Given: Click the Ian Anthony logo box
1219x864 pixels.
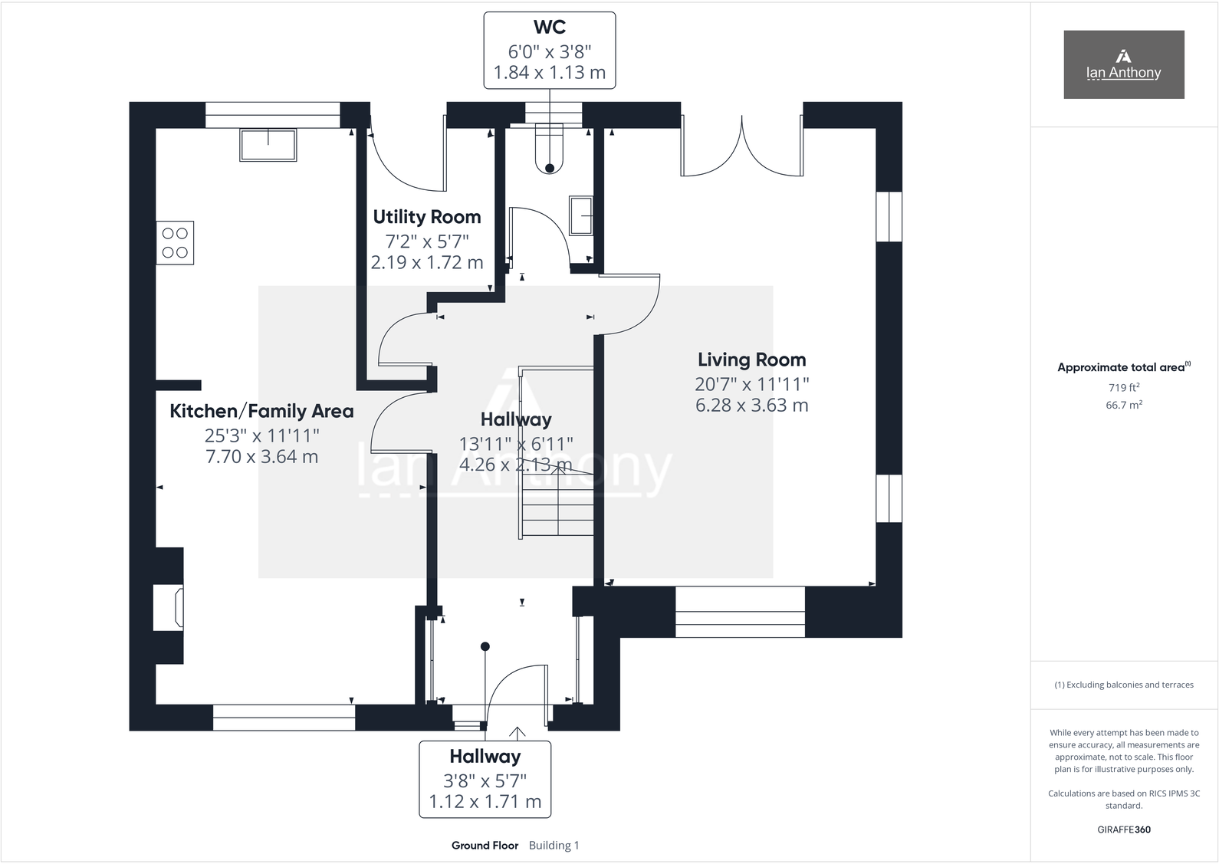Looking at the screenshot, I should (x=1123, y=64).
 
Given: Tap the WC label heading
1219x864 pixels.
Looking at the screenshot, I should (x=550, y=27).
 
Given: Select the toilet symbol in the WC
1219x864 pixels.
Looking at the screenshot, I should (x=549, y=149).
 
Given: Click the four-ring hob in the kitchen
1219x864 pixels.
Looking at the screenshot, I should (x=175, y=242).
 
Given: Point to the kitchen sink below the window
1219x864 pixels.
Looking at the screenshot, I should (x=268, y=145).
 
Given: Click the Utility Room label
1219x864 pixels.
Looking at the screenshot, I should (x=427, y=217).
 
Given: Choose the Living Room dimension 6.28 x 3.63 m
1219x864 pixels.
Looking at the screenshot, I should (x=751, y=406).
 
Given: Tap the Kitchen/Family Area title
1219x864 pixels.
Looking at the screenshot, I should (x=261, y=412).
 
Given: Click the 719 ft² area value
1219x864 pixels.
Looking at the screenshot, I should (x=1123, y=387).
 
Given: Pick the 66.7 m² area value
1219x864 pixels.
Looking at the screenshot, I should (x=1123, y=405).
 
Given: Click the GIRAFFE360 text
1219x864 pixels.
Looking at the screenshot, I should (x=1123, y=830).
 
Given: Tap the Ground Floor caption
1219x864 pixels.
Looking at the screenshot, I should (x=485, y=846).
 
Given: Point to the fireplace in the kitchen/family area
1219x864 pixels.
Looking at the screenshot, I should (x=169, y=607).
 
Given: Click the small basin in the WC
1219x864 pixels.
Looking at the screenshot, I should (x=580, y=215).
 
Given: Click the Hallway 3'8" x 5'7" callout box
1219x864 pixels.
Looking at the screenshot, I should (x=485, y=779).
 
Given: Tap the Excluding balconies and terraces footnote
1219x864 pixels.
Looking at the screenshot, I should (x=1123, y=685).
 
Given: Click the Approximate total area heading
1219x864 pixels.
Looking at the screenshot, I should (x=1121, y=367).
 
